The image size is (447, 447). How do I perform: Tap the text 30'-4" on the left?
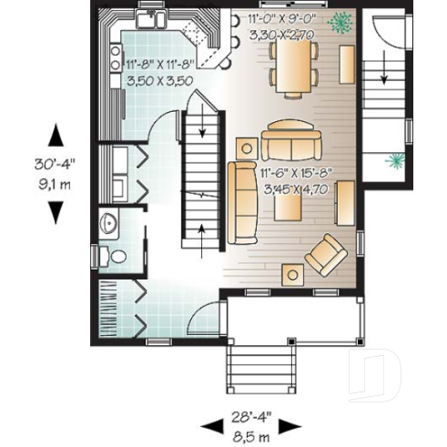tap(56, 166)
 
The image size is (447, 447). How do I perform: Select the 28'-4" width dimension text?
tap(249, 418)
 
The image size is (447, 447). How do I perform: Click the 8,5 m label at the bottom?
tap(249, 434)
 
